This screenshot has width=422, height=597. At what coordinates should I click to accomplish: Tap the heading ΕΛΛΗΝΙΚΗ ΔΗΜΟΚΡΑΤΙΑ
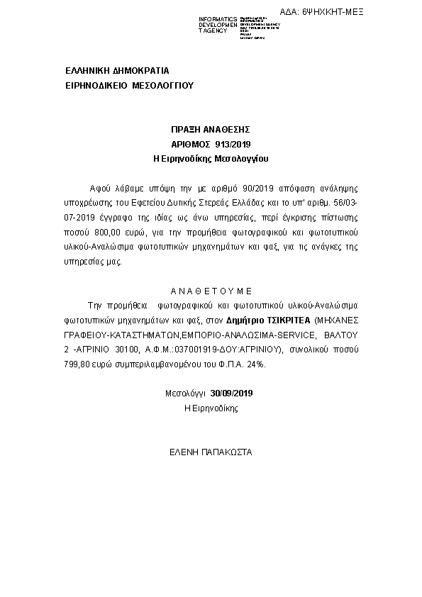coord(116,71)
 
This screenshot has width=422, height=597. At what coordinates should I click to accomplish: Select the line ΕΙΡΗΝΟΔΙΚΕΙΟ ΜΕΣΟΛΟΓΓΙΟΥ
coord(129,85)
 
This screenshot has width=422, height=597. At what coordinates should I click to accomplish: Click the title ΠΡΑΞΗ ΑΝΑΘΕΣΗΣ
coord(211,130)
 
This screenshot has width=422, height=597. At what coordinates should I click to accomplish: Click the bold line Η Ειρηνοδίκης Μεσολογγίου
coord(211,159)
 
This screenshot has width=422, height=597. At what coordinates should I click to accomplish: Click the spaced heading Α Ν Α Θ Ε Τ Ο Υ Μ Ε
coord(211,291)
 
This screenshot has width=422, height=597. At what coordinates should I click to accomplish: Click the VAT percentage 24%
coord(256,364)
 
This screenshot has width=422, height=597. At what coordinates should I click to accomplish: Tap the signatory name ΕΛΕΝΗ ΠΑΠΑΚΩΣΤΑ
coord(211,452)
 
